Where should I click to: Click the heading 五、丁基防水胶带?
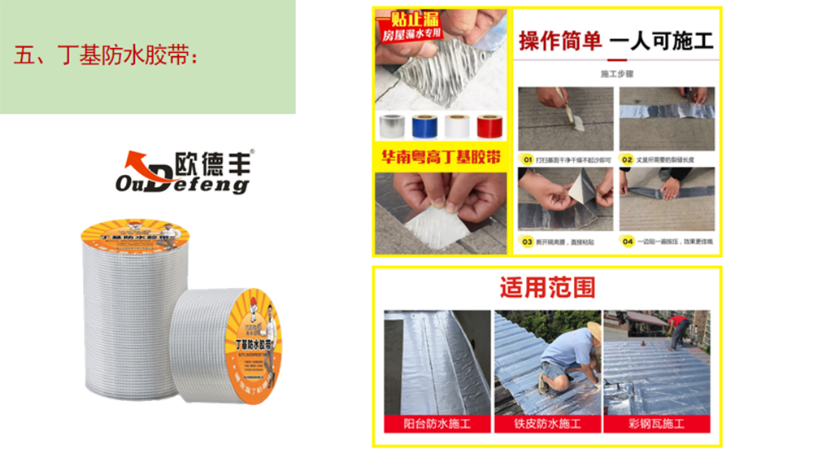[107, 56]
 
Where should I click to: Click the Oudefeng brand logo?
[184, 172]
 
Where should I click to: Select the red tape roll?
[489, 126]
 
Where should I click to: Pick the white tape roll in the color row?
[458, 126]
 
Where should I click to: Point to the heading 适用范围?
[546, 287]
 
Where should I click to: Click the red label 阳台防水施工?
[437, 424]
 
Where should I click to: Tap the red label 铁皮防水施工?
[546, 424]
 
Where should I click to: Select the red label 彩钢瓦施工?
[656, 424]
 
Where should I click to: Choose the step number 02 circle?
[627, 159]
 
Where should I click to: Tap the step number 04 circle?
[627, 241]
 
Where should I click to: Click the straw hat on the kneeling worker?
[594, 329]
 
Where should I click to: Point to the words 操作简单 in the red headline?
[560, 40]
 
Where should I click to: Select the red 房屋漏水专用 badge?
[415, 35]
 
